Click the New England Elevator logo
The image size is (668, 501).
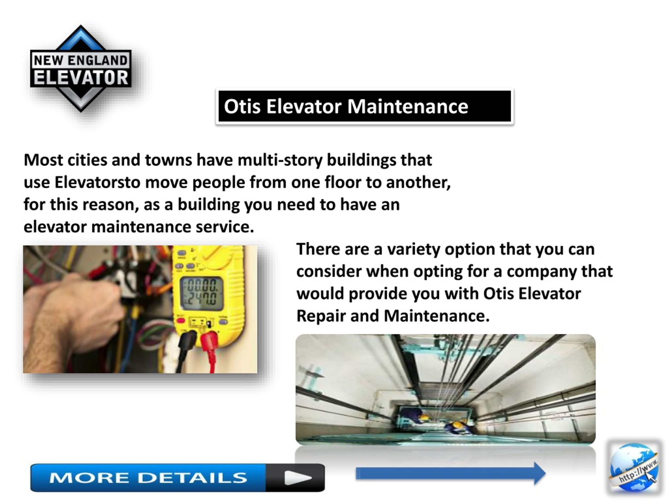81,69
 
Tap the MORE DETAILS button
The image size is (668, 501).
178,478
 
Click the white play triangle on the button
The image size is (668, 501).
297,478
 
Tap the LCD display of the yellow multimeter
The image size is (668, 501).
201,294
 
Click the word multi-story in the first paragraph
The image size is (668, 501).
280,160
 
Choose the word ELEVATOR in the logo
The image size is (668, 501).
81,77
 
